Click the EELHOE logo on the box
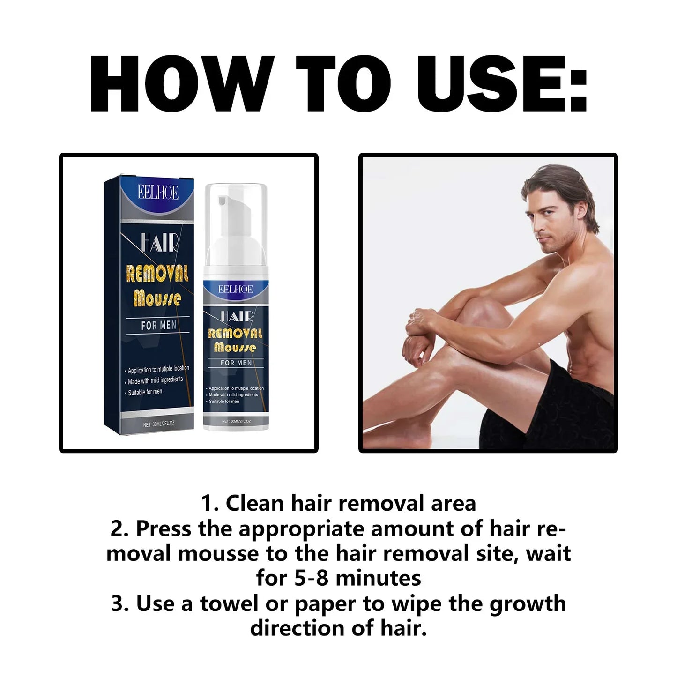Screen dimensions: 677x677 (x=158, y=193)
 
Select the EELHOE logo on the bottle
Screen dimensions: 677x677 (x=235, y=289)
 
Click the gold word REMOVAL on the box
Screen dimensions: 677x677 (x=157, y=274)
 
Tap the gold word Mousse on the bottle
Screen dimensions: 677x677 (x=235, y=347)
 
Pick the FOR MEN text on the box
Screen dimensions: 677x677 (x=159, y=325)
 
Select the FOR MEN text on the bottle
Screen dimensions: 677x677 (x=236, y=363)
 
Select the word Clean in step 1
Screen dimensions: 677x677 (x=255, y=504)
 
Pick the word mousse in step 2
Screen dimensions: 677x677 (x=218, y=554)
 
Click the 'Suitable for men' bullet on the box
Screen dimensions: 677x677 (x=145, y=392)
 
